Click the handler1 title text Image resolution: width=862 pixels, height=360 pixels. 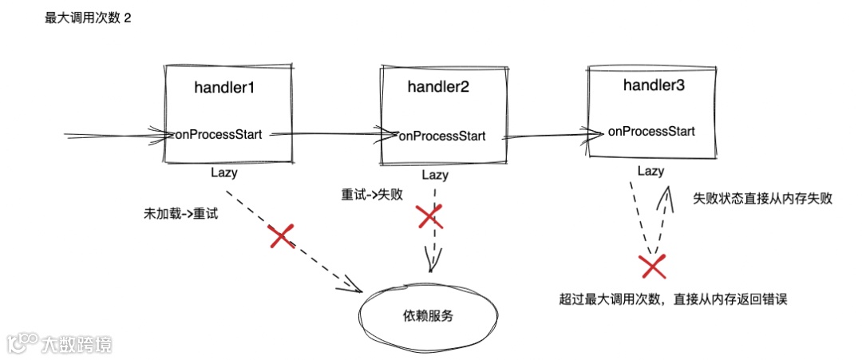[224, 87]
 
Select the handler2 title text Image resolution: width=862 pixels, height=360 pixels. [438, 89]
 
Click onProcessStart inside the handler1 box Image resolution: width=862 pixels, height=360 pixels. [223, 133]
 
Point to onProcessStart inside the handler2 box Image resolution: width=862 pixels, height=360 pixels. [441, 136]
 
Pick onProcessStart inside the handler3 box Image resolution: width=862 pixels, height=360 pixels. [650, 131]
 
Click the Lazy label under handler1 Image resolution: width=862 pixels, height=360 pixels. [224, 171]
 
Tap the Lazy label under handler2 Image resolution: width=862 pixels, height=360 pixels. [435, 175]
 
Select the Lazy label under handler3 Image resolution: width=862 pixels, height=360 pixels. [650, 171]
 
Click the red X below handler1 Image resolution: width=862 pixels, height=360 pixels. [281, 235]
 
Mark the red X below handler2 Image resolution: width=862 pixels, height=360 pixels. [429, 216]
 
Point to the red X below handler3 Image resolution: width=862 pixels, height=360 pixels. [653, 265]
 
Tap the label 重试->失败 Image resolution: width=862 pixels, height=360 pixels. [370, 194]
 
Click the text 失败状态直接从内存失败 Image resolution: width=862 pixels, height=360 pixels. [762, 199]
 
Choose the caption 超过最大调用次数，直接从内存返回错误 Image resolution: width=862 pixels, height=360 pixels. [674, 299]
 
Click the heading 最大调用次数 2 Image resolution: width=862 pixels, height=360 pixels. [88, 18]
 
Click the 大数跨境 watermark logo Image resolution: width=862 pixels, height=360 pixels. [60, 343]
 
